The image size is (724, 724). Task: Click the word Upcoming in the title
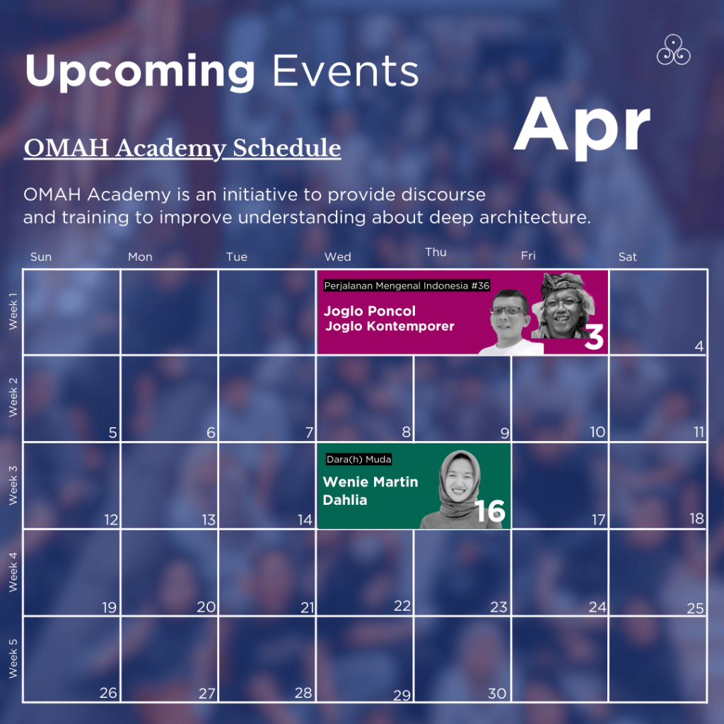140,71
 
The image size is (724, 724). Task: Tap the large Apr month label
582,127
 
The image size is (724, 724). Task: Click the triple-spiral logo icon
673,50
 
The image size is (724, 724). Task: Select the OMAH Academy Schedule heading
182,148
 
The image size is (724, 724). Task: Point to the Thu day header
436,252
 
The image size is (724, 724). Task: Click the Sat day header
628,257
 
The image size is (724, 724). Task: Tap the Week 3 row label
13,485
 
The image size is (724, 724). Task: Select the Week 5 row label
13,658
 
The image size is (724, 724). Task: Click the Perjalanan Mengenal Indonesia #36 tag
407,286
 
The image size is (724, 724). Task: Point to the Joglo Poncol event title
369,311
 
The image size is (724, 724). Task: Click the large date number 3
594,337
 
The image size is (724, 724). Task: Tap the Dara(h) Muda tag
358,459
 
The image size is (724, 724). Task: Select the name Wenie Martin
370,481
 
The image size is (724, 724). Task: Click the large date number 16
490,511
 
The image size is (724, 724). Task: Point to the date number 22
402,606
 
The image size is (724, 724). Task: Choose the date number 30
497,694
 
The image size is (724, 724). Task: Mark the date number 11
699,432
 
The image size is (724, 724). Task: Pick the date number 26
108,693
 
